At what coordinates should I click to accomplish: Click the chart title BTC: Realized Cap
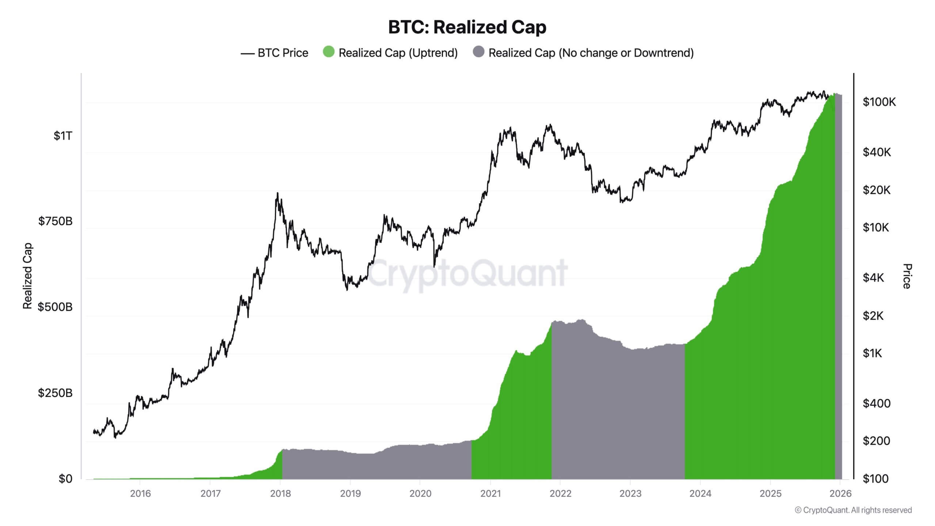click(467, 27)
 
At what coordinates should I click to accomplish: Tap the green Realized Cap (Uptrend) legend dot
click(328, 52)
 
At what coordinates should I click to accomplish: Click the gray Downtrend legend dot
click(478, 52)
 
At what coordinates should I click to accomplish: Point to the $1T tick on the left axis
click(63, 136)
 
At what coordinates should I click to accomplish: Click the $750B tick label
click(55, 221)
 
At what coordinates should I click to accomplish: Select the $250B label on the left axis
click(55, 393)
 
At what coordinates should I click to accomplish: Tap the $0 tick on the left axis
click(65, 479)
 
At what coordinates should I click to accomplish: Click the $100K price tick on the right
click(879, 102)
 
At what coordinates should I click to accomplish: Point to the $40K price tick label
click(877, 152)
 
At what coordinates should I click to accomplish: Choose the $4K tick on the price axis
click(873, 278)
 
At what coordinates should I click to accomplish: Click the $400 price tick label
click(876, 403)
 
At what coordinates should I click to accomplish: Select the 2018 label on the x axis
click(280, 493)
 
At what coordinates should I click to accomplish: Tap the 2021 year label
click(491, 493)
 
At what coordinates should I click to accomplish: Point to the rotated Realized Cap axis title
click(27, 276)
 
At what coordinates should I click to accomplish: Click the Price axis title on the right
click(907, 276)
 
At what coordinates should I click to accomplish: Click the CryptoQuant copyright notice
click(853, 510)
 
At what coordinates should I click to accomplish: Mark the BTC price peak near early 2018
click(278, 193)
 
